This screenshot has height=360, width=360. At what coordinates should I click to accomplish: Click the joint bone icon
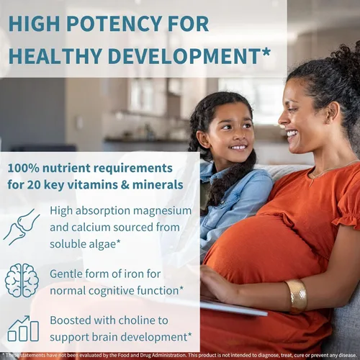tap(21, 227)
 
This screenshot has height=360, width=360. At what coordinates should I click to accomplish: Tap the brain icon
tap(22, 281)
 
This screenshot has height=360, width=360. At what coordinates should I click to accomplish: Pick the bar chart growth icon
tap(23, 328)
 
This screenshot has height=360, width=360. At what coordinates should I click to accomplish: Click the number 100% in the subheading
tap(23, 168)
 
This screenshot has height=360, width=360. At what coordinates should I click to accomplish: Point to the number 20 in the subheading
tap(33, 185)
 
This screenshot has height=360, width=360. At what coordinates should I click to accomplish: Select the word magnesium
tap(162, 211)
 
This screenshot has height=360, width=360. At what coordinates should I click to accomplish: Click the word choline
tap(137, 320)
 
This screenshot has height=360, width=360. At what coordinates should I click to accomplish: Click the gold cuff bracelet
tap(297, 296)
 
